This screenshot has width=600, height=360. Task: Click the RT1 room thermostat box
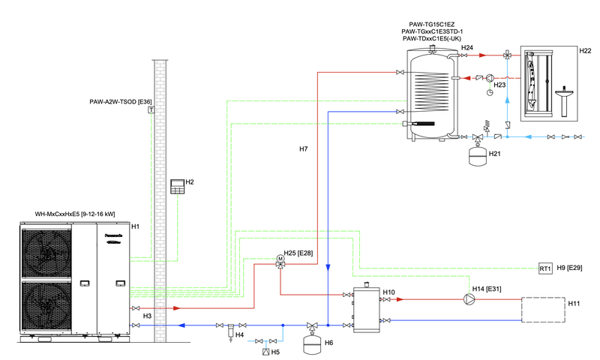tap(545, 268)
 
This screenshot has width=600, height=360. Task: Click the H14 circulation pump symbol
tap(470, 298)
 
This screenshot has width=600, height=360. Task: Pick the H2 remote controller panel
tap(177, 187)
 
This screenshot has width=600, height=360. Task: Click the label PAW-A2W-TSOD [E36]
tap(120, 101)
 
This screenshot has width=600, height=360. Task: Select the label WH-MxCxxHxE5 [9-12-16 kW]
tap(75, 214)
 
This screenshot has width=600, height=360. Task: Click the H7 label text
tap(303, 149)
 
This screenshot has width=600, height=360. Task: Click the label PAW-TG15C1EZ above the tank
tap(433, 24)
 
